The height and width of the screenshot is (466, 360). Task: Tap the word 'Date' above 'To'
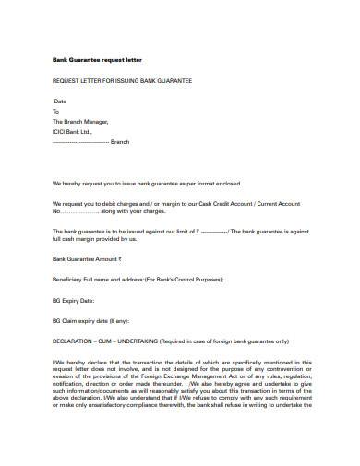[x=61, y=101]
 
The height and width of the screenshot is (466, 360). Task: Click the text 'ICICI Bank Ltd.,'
[x=73, y=131]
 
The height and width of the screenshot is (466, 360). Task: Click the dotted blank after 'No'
[x=86, y=211]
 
